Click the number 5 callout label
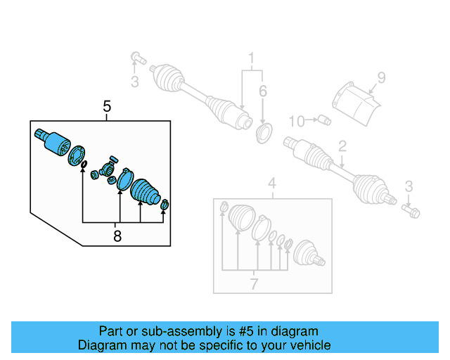point(107,107)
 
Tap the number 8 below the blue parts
point(117,236)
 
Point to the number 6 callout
point(263,91)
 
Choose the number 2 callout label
point(342,146)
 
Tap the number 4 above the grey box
point(272,185)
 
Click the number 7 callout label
point(255,283)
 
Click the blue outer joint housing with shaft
point(51,139)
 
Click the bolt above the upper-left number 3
point(136,57)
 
